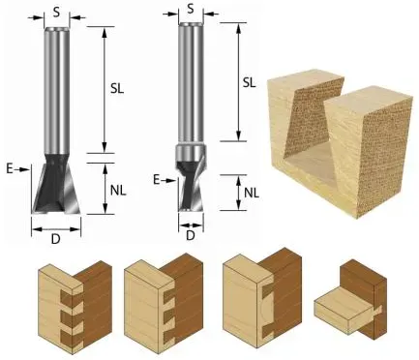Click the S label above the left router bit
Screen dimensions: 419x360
click(x=56, y=13)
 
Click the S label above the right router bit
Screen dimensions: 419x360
click(x=191, y=9)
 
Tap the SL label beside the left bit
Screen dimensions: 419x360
click(x=117, y=89)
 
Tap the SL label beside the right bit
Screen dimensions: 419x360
click(x=249, y=82)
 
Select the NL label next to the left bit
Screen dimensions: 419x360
click(x=118, y=192)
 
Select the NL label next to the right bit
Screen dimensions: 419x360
click(x=252, y=193)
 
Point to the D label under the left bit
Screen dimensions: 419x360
click(x=56, y=239)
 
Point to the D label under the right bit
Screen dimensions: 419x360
click(x=191, y=236)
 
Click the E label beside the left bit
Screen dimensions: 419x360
click(x=10, y=169)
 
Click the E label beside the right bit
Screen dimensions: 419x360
click(x=157, y=180)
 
